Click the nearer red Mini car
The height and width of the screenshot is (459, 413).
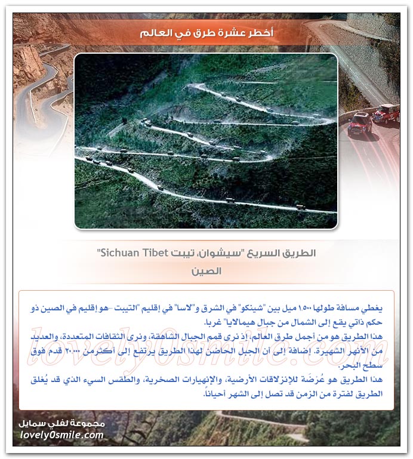pyautogui.click(x=359, y=124)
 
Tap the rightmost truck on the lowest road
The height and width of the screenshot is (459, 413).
pyautogui.click(x=301, y=207)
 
